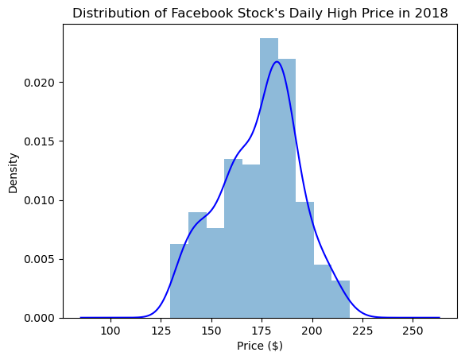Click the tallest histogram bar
(x=269, y=178)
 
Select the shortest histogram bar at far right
(x=340, y=300)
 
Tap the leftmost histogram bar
(x=179, y=281)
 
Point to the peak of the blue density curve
(x=277, y=62)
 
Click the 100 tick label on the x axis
(x=110, y=331)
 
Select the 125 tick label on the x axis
(x=161, y=331)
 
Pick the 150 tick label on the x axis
(x=211, y=331)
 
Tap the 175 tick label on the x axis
(x=262, y=331)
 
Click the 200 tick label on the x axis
(x=312, y=331)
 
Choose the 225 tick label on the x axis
(x=362, y=331)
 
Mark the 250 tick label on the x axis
(x=413, y=331)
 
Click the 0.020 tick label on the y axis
(x=40, y=83)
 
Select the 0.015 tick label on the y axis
(x=40, y=141)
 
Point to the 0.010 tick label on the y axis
(x=40, y=200)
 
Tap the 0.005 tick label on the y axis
(x=40, y=260)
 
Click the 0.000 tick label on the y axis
(x=40, y=318)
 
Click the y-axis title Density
(x=14, y=173)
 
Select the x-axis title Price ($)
(x=260, y=346)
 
